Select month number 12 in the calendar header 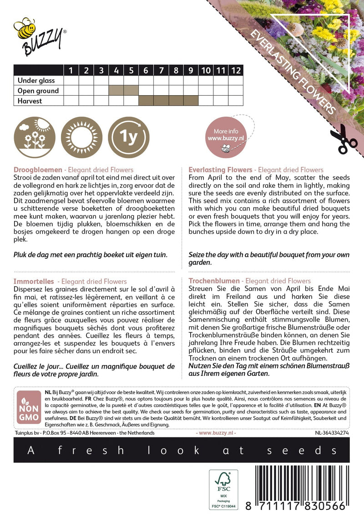pyautogui.click(x=236, y=70)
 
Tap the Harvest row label pyautogui.click(x=30, y=101)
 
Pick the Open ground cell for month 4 pyautogui.click(x=116, y=91)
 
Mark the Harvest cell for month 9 pyautogui.click(x=191, y=101)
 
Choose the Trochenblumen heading pyautogui.click(x=214, y=281)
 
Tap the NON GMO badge pyautogui.click(x=29, y=407)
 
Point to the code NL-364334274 pyautogui.click(x=331, y=433)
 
